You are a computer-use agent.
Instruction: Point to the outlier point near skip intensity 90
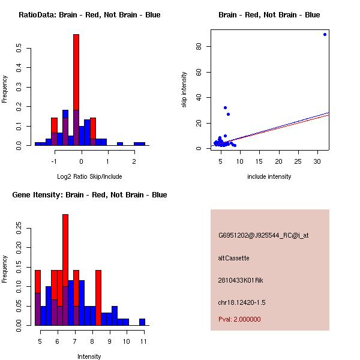(x=325, y=34)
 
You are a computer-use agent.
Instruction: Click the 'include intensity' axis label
(x=269, y=176)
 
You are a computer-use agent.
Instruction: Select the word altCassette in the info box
(x=233, y=258)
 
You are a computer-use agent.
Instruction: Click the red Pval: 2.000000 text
(x=239, y=319)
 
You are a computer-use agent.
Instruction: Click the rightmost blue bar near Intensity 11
(x=142, y=322)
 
